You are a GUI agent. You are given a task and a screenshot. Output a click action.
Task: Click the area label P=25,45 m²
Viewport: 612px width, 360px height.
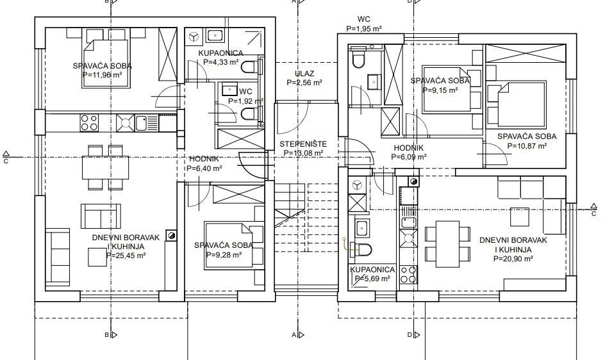coord(126,256)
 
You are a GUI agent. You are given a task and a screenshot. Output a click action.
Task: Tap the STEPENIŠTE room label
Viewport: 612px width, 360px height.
coord(303,144)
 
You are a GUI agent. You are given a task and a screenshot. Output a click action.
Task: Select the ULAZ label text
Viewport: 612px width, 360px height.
coord(304,74)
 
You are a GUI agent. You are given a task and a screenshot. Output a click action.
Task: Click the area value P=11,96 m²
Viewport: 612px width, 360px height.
coord(103,74)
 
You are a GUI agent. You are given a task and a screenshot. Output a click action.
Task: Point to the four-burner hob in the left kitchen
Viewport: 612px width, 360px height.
coord(89,122)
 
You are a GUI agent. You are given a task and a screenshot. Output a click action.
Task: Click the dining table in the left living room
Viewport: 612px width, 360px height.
coord(105,168)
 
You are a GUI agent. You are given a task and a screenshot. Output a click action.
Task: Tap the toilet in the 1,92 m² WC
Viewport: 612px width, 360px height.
coord(250,115)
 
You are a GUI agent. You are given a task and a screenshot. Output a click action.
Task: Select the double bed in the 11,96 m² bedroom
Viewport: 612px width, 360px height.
coord(105,63)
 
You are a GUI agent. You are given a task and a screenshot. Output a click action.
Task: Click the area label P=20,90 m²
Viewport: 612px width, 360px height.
coord(513,259)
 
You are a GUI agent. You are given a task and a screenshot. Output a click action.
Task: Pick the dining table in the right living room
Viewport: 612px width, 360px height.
coord(447,244)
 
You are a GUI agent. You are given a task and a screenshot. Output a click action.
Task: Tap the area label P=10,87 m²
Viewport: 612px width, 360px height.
coord(527,146)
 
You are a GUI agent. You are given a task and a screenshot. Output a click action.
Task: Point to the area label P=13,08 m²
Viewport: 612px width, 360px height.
coord(303,153)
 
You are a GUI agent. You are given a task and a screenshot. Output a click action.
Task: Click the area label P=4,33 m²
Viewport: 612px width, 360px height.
coord(221,62)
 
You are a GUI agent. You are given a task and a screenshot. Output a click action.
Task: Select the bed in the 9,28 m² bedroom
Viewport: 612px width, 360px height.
coord(229,245)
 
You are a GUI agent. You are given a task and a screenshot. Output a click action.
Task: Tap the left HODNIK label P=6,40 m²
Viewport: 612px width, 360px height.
coord(204,168)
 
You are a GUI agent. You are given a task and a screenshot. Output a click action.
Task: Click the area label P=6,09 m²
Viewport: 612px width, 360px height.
coord(409,157)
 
